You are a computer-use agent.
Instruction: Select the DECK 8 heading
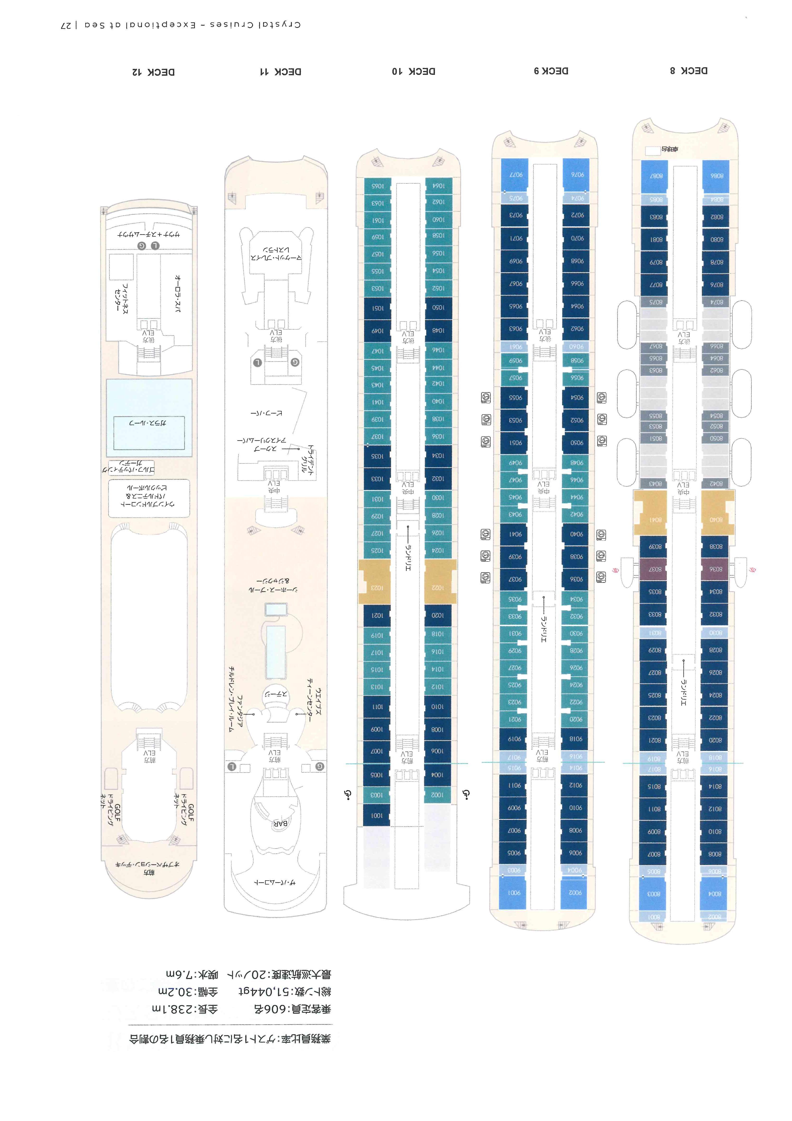(689, 71)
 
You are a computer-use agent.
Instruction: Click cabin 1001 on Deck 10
(377, 815)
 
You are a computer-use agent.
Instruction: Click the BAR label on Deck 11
(280, 823)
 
